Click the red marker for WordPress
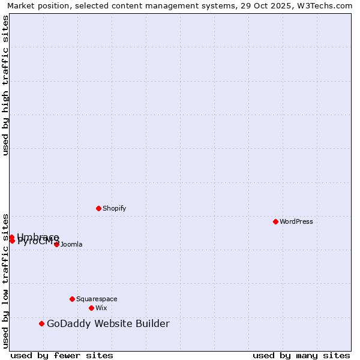[x=275, y=221]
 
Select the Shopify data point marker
[x=98, y=208]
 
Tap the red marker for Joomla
[x=56, y=244]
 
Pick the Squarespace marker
[x=72, y=299]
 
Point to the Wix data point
[x=91, y=308]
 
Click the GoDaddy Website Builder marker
[x=41, y=324]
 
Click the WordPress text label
[x=296, y=221]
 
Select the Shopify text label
[x=114, y=208]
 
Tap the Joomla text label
[x=71, y=244]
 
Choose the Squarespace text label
[x=97, y=299]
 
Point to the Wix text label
[x=101, y=308]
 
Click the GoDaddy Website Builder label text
[x=108, y=324]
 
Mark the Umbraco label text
[x=38, y=236]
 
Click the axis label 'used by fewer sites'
[x=62, y=355]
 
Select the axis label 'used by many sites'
[x=301, y=355]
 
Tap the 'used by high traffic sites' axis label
[x=5, y=85]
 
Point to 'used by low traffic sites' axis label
[x=5, y=280]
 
